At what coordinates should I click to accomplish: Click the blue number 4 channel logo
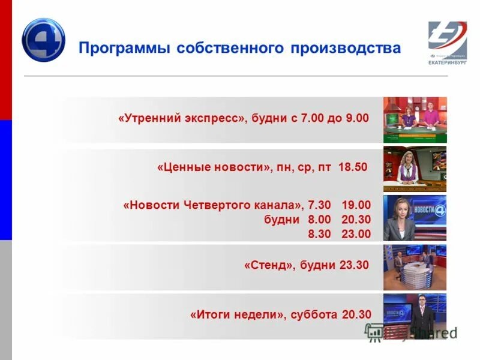[43, 40]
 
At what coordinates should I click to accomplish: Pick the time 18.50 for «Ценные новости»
[352, 167]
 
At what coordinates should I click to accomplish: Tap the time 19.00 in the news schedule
[356, 205]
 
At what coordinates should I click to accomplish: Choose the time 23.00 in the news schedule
[356, 234]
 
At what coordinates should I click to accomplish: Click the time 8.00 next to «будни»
[319, 220]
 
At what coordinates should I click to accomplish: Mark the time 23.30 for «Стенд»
[353, 265]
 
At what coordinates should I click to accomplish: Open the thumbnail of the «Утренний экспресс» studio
[415, 119]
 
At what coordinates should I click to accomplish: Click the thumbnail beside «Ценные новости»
[415, 168]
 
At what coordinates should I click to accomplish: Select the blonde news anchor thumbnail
[415, 217]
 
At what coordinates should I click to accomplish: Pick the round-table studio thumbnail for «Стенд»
[415, 266]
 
